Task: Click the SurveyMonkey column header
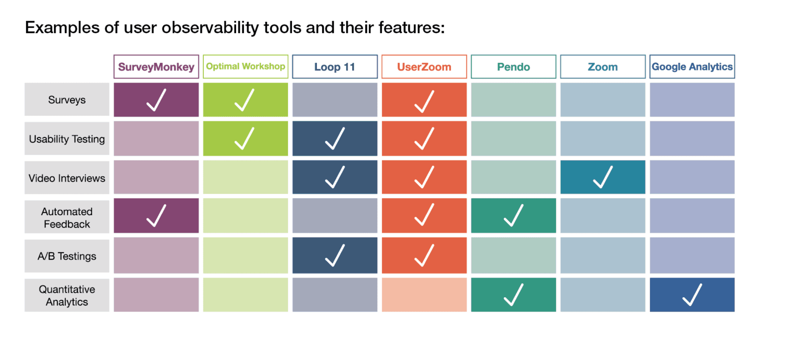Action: click(156, 66)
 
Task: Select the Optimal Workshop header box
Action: click(245, 66)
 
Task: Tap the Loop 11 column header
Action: click(335, 66)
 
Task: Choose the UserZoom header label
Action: click(424, 66)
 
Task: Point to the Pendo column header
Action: click(513, 66)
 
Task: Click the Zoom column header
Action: click(603, 66)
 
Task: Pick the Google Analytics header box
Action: click(692, 66)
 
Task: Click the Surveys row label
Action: click(67, 100)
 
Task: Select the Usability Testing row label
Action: click(67, 139)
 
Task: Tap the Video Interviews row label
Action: click(67, 178)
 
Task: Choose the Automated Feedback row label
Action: click(67, 217)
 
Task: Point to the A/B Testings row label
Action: click(67, 256)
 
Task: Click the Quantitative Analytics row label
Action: click(67, 295)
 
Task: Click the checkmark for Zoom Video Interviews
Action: click(603, 177)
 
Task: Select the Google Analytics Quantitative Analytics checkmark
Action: click(692, 295)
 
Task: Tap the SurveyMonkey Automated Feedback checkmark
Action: click(156, 216)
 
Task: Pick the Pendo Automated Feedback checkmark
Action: click(513, 216)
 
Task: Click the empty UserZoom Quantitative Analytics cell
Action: click(424, 295)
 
